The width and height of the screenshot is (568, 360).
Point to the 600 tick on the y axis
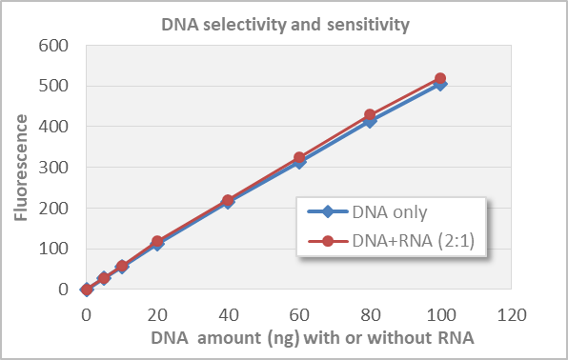tap(54, 45)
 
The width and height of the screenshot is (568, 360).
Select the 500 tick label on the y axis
tap(54, 86)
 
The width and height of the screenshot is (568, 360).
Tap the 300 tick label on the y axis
tap(54, 167)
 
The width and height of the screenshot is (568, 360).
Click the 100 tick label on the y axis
tap(54, 249)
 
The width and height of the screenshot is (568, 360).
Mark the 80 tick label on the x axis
tap(370, 311)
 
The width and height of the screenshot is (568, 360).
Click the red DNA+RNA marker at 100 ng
tap(440, 79)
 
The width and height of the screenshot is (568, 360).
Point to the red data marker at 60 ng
tap(299, 158)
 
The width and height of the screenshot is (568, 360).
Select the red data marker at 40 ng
tap(228, 201)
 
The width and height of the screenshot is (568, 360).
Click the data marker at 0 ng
tap(87, 290)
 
